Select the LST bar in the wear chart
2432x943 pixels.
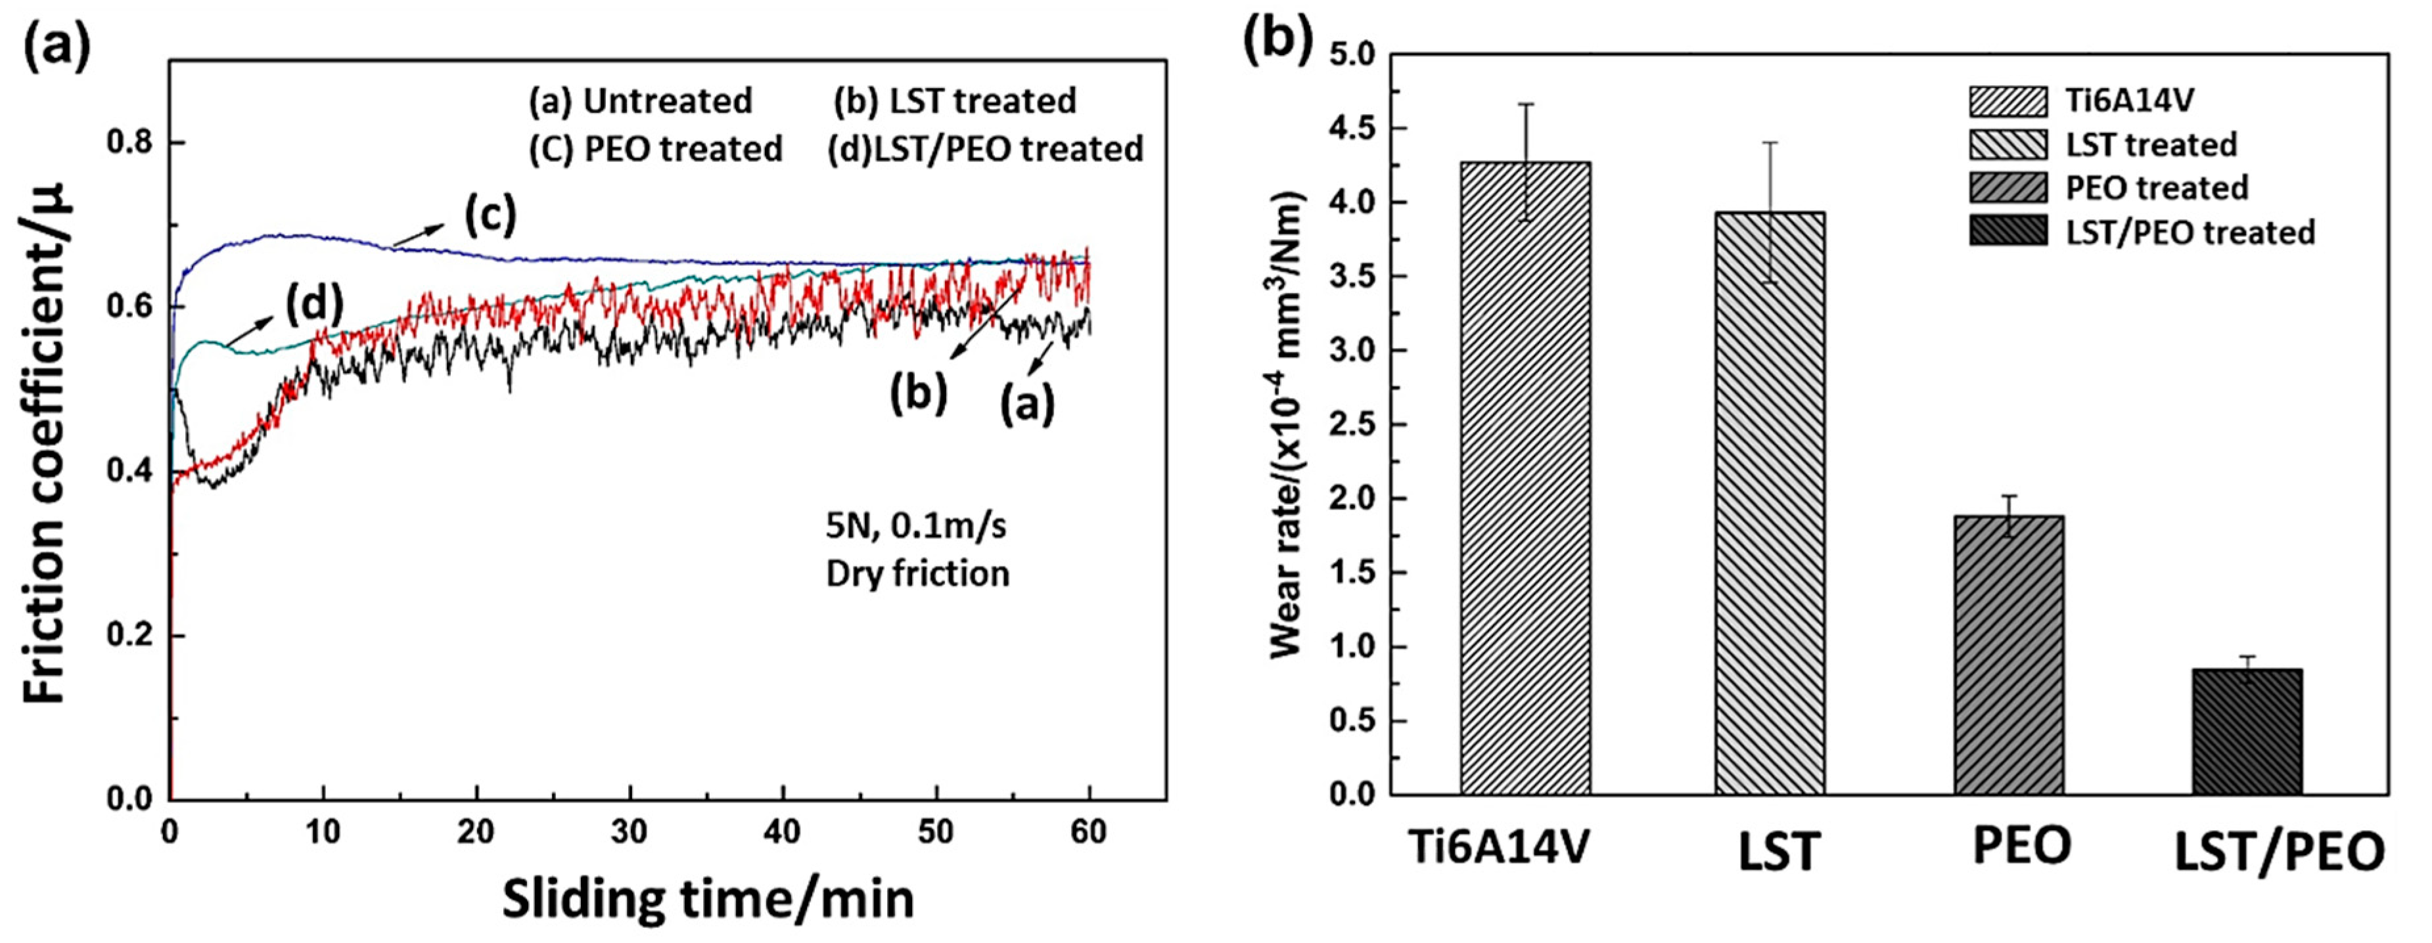[x=1769, y=510]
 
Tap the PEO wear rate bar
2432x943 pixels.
[x=2008, y=661]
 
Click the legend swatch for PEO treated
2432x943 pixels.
[x=2008, y=188]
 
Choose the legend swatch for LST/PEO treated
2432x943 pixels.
[x=2008, y=231]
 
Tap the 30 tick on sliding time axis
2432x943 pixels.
[x=629, y=833]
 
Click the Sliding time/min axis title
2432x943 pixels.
[x=708, y=898]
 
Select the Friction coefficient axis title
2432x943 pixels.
[x=45, y=444]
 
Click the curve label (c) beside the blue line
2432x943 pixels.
[x=490, y=215]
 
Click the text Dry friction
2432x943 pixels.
[x=917, y=574]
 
